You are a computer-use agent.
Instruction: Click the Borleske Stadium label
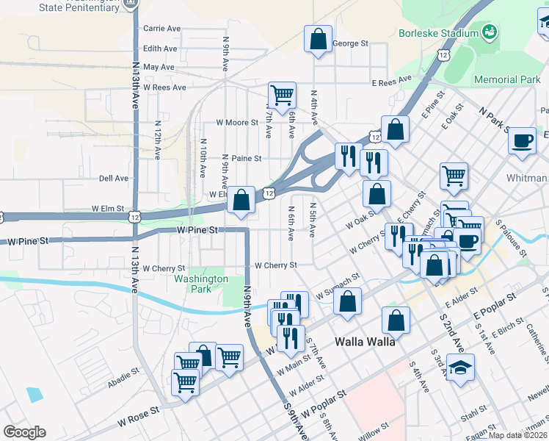tap(437, 33)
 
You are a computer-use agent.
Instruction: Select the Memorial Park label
tap(507, 79)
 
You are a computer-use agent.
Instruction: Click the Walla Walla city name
tap(366, 342)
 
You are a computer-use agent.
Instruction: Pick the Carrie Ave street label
tap(162, 29)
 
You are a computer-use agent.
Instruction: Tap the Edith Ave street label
tap(161, 49)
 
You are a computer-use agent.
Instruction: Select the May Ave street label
tap(159, 67)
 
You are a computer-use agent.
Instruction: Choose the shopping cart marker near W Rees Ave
tap(282, 95)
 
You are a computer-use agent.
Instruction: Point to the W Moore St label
tap(237, 122)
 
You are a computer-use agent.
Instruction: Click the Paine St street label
tap(246, 158)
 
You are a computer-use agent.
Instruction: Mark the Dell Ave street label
tap(114, 178)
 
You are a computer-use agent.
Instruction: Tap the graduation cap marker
tap(460, 367)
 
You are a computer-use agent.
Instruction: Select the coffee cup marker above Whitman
tap(523, 140)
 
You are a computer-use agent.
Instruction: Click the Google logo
tap(24, 431)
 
